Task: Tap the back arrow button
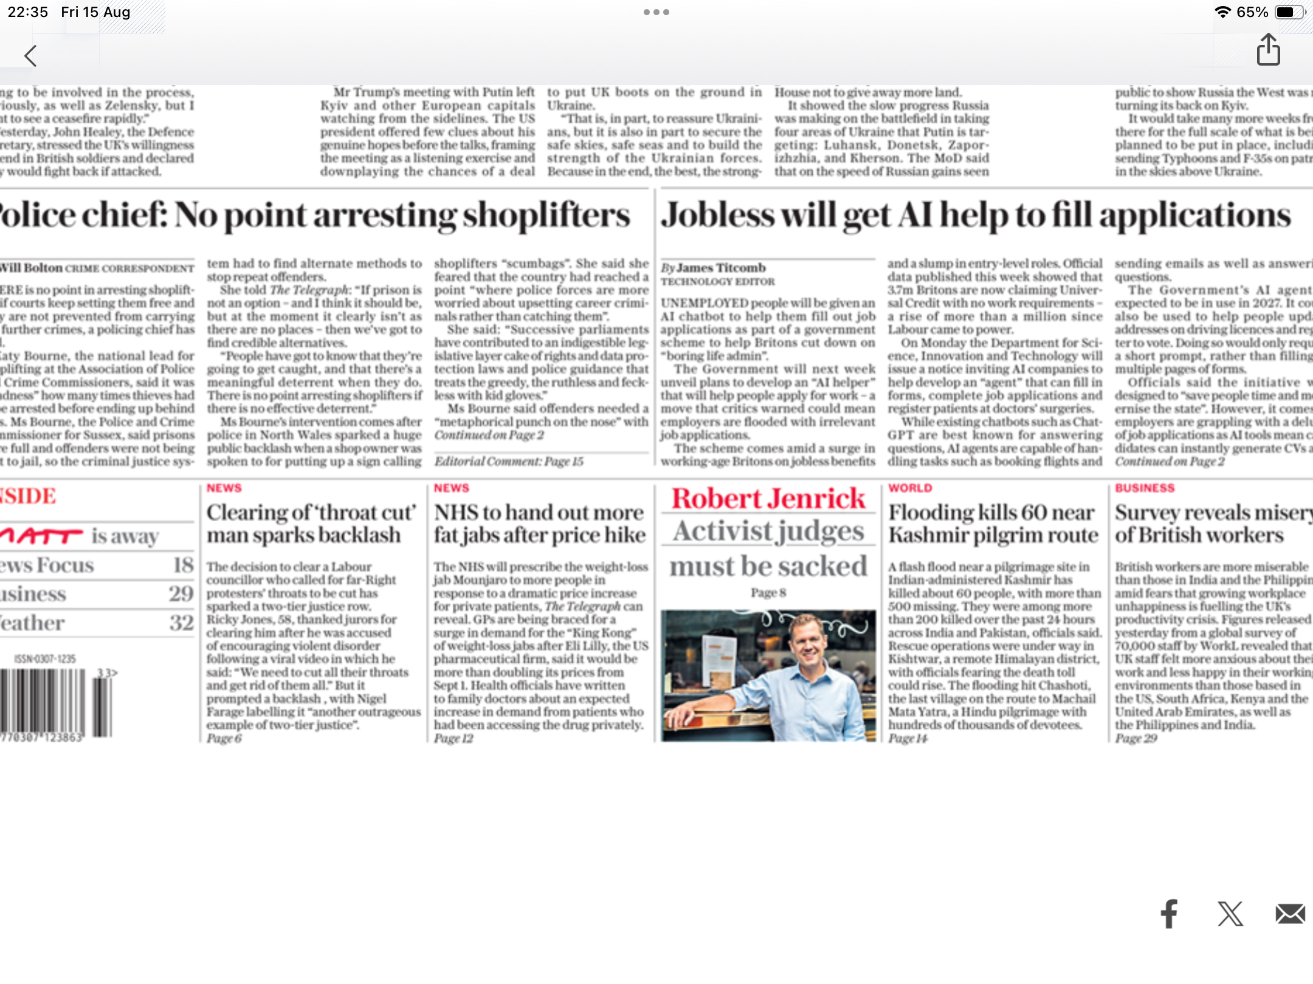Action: pos(30,56)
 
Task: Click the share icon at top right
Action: pos(1268,50)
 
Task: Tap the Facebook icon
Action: pos(1169,914)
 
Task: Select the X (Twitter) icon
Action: pos(1230,914)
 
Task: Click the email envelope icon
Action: pos(1290,914)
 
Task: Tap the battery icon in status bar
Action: pos(1288,12)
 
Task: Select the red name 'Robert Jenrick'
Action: pos(768,499)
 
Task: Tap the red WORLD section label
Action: pos(910,488)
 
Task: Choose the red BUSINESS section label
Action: pos(1145,488)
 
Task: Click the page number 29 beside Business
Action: pos(181,593)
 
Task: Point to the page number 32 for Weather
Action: pos(181,623)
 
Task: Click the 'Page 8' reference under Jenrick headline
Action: pos(768,592)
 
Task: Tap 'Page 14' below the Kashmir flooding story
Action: pos(908,739)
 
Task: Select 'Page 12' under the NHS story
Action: pos(453,739)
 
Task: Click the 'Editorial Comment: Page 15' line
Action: pos(509,462)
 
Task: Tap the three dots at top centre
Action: pos(656,12)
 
